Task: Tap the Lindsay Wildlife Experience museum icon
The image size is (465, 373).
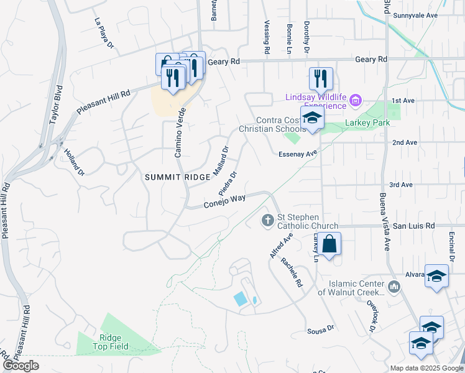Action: click(x=356, y=100)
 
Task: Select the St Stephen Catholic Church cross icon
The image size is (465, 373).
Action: click(x=268, y=219)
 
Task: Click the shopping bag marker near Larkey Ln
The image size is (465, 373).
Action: click(x=330, y=244)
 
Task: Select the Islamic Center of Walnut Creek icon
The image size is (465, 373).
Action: click(x=394, y=286)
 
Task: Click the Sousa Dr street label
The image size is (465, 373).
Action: click(x=321, y=328)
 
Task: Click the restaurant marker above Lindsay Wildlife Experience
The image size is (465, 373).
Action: click(x=321, y=78)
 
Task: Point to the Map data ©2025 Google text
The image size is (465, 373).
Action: click(x=426, y=368)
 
